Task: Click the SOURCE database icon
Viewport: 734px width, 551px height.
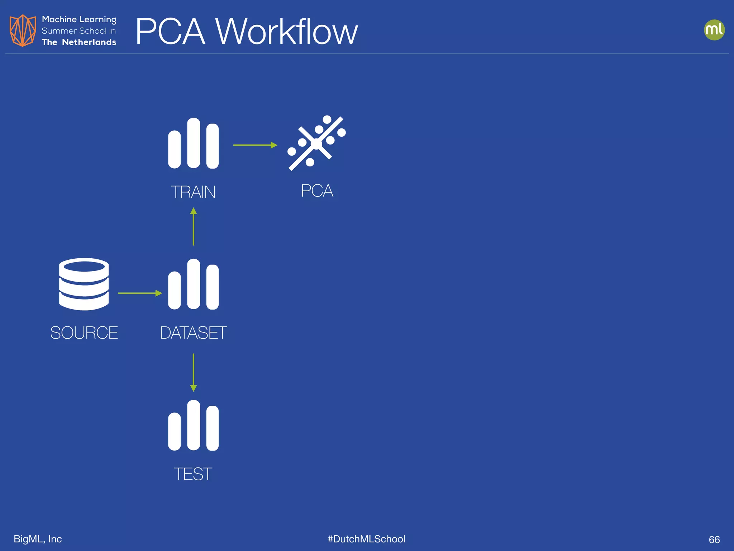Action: [84, 284]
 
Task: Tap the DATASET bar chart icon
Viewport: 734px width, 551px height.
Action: [193, 284]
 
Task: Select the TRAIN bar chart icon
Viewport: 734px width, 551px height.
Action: [193, 143]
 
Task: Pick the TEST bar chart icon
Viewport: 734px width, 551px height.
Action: [193, 425]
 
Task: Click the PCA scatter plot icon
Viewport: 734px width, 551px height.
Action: [316, 143]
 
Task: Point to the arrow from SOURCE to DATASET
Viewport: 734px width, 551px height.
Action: [140, 293]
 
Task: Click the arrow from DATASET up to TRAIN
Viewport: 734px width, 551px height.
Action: [194, 227]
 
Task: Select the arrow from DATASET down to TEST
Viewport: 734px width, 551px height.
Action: [194, 372]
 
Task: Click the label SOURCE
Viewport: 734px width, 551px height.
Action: [84, 333]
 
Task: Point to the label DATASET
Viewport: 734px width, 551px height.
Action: [193, 333]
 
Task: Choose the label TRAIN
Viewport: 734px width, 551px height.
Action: [193, 192]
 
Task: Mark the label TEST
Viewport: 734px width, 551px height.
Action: [193, 474]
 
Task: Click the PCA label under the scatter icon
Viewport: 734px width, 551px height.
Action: [317, 190]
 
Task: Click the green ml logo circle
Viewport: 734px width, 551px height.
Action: [714, 30]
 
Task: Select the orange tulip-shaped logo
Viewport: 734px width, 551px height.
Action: [23, 30]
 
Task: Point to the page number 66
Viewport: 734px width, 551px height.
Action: [714, 540]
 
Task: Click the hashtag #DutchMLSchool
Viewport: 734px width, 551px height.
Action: [366, 539]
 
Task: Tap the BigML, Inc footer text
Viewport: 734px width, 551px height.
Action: [38, 539]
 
